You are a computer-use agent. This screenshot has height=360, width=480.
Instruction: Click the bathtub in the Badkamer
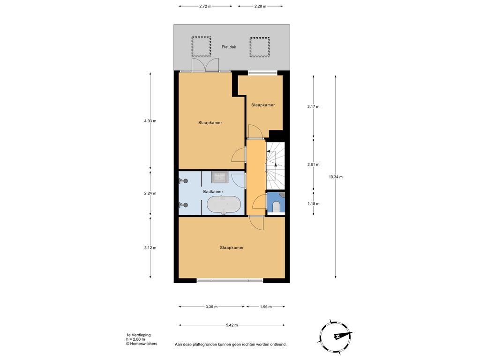[224, 204]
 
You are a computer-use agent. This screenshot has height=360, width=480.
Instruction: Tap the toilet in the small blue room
[276, 206]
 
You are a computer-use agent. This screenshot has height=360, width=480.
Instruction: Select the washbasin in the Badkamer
[219, 177]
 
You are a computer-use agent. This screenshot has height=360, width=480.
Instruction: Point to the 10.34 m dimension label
[336, 177]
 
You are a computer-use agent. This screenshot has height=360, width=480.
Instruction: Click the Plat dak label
[229, 47]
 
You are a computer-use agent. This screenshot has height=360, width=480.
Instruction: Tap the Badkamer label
[213, 192]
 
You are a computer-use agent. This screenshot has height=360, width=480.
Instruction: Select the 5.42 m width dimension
[232, 325]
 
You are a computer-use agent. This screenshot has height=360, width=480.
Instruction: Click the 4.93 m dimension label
[150, 121]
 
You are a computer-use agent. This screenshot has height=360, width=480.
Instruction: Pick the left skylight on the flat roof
[202, 46]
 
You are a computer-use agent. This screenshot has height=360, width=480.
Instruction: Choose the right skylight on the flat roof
[260, 47]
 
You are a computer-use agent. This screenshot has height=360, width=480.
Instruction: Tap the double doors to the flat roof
[205, 65]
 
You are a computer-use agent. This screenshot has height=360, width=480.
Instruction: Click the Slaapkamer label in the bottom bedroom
[232, 247]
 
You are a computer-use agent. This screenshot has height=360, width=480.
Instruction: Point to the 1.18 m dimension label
[314, 203]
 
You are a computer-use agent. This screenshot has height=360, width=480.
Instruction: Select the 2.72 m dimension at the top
[205, 6]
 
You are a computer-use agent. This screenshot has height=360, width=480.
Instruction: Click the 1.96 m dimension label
[266, 307]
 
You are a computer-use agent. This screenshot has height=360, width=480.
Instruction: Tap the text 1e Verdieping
[138, 335]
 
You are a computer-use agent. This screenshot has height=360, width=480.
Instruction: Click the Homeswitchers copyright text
[142, 344]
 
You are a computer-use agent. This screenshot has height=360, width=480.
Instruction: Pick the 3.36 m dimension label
[211, 307]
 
